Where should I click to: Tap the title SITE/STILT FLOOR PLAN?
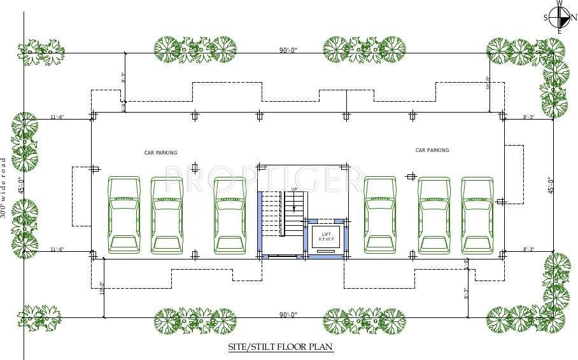tap(281, 347)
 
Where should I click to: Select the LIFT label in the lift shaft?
tap(326, 234)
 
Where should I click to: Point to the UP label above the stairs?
tap(294, 190)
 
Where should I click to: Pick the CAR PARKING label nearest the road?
tap(160, 153)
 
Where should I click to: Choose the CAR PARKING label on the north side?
tap(432, 150)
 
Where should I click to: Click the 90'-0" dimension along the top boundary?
tap(288, 50)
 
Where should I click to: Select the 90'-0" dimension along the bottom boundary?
tap(288, 314)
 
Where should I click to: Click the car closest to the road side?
tap(123, 215)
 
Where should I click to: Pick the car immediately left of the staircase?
tap(230, 215)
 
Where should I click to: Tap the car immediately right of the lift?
tap(380, 215)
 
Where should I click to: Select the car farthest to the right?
tap(477, 215)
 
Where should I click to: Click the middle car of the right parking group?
tap(434, 215)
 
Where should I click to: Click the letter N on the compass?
tap(573, 17)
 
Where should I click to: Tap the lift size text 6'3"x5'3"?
tap(326, 239)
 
